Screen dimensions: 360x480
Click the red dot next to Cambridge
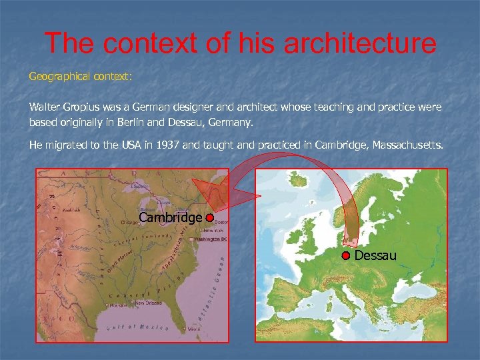(209, 218)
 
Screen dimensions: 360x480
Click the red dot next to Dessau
(347, 256)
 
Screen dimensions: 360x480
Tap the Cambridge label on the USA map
(170, 218)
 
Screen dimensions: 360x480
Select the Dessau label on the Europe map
(375, 255)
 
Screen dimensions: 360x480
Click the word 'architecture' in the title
(360, 43)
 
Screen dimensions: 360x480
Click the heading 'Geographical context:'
(81, 77)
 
